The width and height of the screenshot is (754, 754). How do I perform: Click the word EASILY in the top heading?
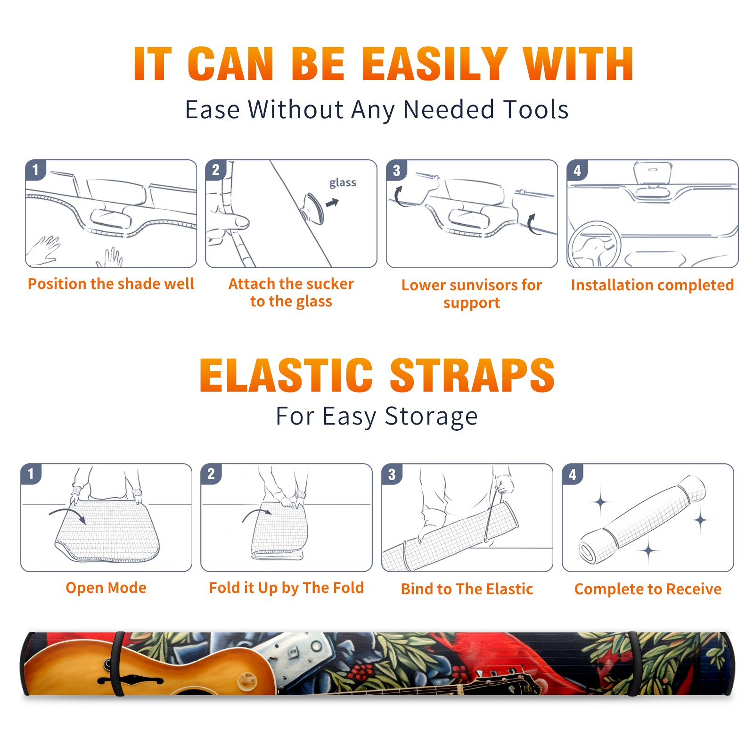[434, 64]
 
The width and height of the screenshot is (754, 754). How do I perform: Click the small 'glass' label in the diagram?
[343, 183]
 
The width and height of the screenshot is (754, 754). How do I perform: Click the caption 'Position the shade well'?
[111, 284]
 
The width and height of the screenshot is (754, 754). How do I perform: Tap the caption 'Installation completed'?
[652, 285]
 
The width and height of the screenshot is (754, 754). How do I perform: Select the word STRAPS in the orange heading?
[472, 375]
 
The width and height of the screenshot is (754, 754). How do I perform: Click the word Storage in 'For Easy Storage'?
[431, 417]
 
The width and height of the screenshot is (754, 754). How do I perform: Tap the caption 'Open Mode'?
[106, 588]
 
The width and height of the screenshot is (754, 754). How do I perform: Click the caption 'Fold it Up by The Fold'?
[287, 588]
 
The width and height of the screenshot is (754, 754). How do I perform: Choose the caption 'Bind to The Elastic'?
[467, 589]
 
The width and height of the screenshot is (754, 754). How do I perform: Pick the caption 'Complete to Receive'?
[648, 589]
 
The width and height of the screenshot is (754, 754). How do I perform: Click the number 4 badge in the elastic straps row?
[573, 474]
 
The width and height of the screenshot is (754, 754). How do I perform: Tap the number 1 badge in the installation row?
[35, 170]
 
